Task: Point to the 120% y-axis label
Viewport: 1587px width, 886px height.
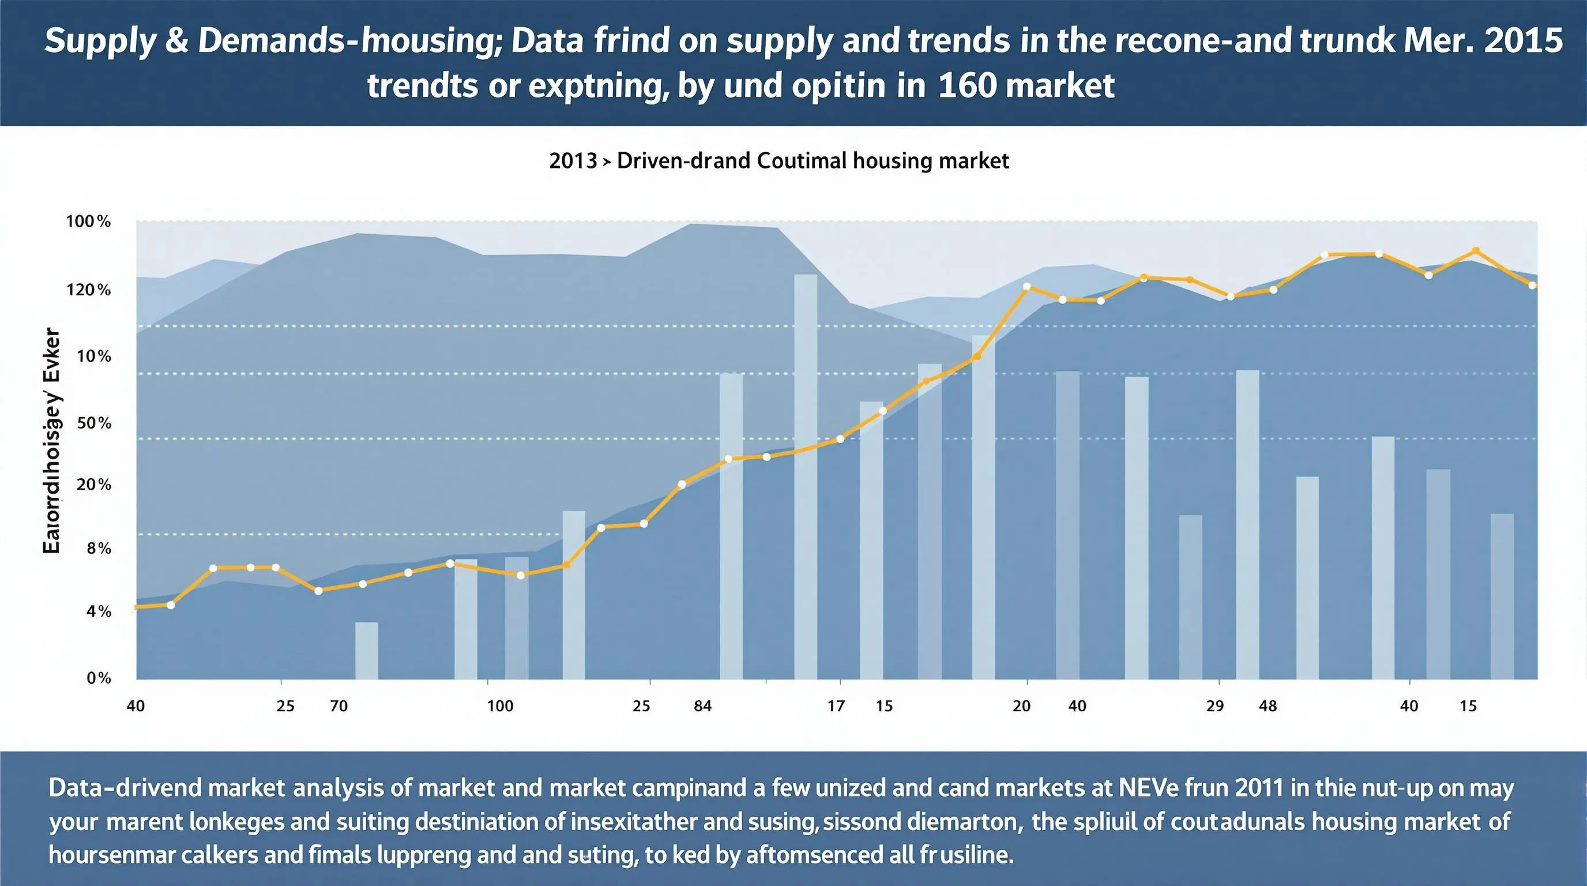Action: point(88,290)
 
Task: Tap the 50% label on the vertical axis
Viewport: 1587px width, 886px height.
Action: point(93,423)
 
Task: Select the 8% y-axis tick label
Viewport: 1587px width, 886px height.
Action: point(99,549)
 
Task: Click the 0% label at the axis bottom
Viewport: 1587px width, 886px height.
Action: point(99,678)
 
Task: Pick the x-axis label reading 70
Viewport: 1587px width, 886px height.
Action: point(339,706)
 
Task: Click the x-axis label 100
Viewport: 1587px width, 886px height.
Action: point(499,706)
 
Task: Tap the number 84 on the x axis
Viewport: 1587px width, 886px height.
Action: point(702,706)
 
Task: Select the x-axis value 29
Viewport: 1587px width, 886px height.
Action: point(1214,706)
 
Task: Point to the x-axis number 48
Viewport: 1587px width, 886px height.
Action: point(1268,706)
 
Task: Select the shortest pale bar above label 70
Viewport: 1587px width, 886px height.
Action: point(367,651)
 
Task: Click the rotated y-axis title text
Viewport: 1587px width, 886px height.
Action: point(52,441)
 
